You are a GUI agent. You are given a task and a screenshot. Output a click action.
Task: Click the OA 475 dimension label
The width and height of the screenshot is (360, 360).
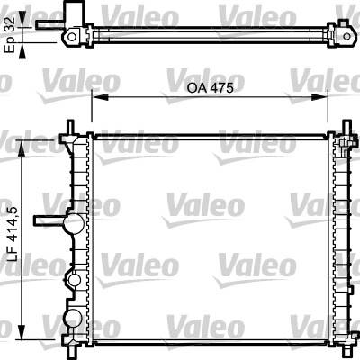pos(210,88)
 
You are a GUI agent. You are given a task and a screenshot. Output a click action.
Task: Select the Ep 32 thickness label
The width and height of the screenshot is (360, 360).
pos(10,35)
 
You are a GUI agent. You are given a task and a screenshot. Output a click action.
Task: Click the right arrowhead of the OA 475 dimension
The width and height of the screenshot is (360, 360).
pos(319,97)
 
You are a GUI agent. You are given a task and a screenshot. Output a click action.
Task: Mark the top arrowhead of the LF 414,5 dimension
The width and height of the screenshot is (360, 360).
pos(22,148)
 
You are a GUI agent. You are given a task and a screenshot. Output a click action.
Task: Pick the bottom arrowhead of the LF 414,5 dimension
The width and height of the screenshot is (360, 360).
pos(22,331)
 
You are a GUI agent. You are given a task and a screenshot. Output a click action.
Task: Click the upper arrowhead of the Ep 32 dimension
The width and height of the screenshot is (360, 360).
pos(22,19)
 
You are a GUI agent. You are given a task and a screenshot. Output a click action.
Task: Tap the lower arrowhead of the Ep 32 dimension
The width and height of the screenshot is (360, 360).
pos(22,50)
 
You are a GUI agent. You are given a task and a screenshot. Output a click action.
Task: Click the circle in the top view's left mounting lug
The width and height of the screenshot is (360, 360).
pos(72,37)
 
